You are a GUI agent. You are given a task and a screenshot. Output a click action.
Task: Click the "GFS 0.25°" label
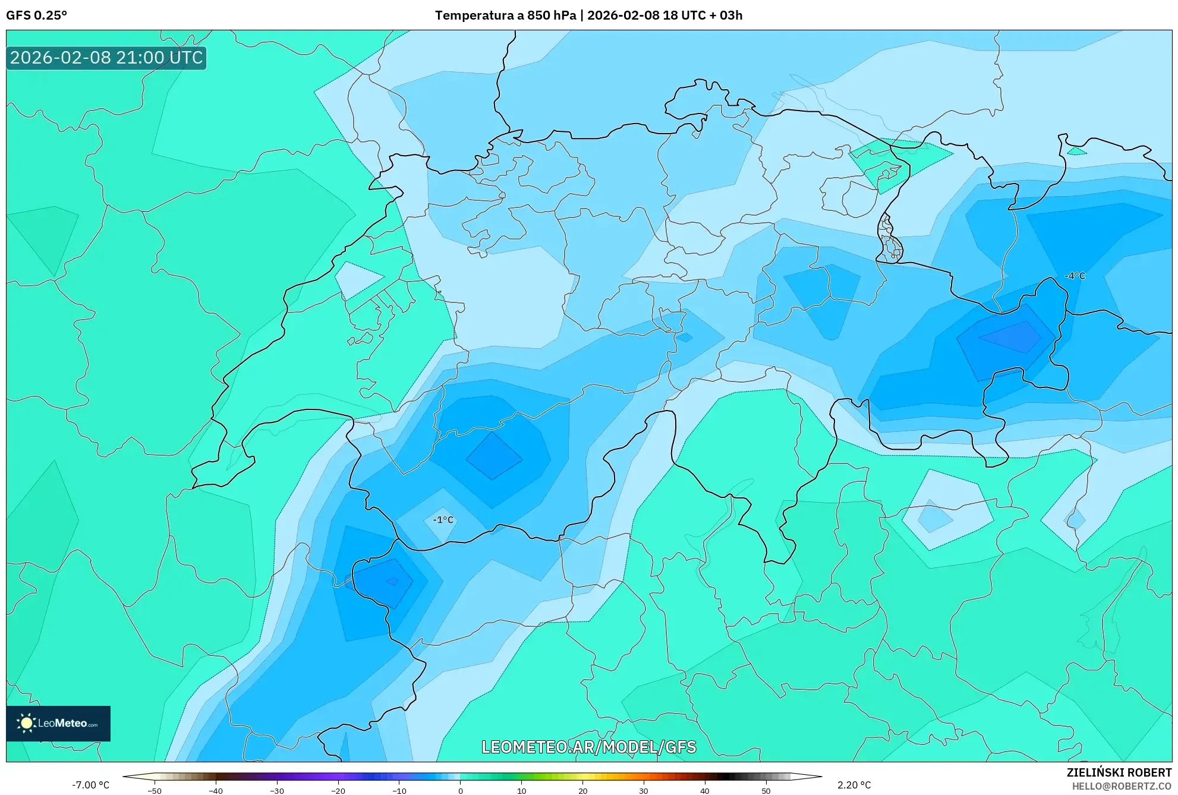pyautogui.click(x=36, y=15)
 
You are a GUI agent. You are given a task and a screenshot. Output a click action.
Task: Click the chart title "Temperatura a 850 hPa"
pyautogui.click(x=505, y=15)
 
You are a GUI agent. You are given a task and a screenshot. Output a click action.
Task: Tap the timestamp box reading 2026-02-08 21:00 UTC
pyautogui.click(x=106, y=58)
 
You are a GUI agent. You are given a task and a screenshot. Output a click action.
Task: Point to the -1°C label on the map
pyautogui.click(x=443, y=520)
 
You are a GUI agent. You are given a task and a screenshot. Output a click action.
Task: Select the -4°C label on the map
pyautogui.click(x=1075, y=276)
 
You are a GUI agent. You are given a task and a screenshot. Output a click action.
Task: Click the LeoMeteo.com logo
pyautogui.click(x=58, y=724)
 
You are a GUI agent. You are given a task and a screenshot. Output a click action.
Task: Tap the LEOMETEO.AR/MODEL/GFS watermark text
pyautogui.click(x=588, y=747)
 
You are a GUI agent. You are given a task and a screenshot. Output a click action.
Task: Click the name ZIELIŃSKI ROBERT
pyautogui.click(x=1119, y=772)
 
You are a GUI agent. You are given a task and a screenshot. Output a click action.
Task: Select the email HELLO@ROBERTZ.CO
pyautogui.click(x=1122, y=786)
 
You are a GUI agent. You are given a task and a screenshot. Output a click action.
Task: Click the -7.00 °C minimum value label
pyautogui.click(x=91, y=785)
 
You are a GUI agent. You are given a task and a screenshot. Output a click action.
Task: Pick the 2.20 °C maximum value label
pyautogui.click(x=854, y=785)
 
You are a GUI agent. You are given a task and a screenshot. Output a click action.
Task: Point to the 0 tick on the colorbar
pyautogui.click(x=460, y=790)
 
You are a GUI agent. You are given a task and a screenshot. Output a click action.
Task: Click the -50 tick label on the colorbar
pyautogui.click(x=154, y=790)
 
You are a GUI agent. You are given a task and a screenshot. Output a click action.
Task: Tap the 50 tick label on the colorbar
pyautogui.click(x=766, y=790)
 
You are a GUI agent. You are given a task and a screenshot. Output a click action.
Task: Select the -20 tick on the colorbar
pyautogui.click(x=338, y=790)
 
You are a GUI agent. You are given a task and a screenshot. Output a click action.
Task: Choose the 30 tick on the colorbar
pyautogui.click(x=644, y=790)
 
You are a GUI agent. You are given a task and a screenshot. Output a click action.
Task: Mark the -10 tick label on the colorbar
pyautogui.click(x=399, y=790)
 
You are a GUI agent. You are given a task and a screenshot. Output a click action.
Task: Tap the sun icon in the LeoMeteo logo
pyautogui.click(x=26, y=723)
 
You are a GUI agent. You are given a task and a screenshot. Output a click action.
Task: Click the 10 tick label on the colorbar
pyautogui.click(x=521, y=790)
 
